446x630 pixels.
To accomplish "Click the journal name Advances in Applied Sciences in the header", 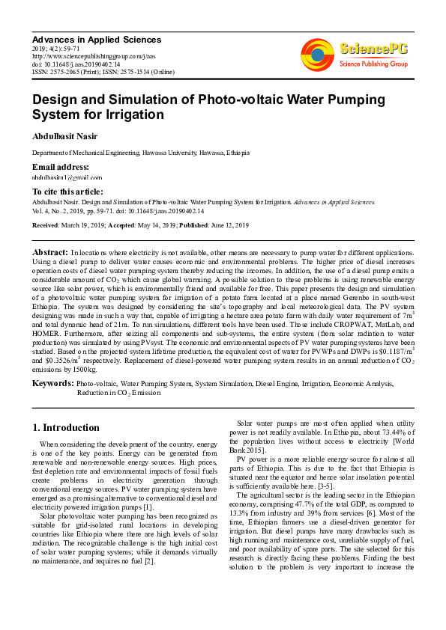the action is pos(96,39).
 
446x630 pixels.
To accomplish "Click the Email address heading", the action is pos(60,167).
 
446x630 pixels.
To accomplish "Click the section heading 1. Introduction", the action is pos(66,428).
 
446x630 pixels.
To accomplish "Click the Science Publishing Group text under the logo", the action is pos(372,64).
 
